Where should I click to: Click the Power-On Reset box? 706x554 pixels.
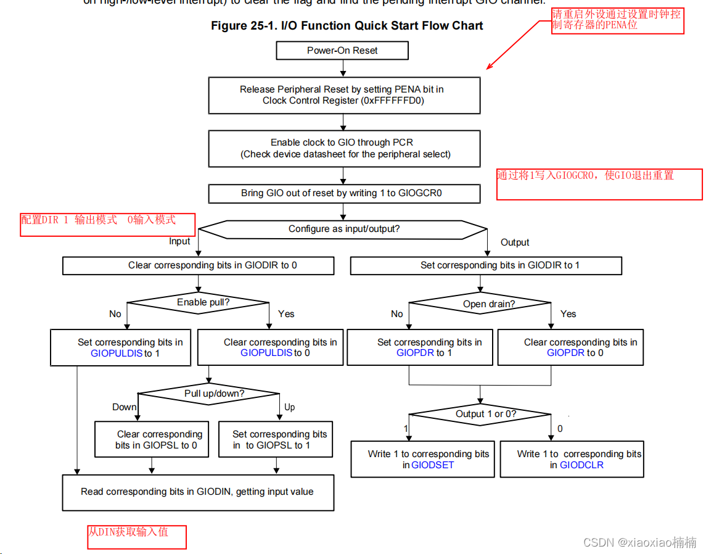(x=342, y=51)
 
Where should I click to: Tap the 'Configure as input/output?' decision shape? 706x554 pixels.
(x=343, y=229)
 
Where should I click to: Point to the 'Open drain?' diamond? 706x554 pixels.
(x=480, y=304)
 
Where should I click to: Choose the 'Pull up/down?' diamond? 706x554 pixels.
(x=210, y=394)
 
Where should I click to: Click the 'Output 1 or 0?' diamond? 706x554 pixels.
(x=480, y=414)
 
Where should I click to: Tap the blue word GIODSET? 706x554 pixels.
(x=432, y=465)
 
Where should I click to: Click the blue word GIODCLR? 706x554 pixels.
(x=581, y=465)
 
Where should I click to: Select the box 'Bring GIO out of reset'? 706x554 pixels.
(x=344, y=193)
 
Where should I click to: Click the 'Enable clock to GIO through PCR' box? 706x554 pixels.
(x=344, y=148)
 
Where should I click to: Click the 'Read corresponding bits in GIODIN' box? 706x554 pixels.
(x=198, y=492)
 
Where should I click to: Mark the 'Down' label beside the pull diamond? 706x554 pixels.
(x=124, y=407)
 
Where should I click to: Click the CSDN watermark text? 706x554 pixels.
(x=639, y=542)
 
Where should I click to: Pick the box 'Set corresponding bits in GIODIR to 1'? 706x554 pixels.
(x=486, y=265)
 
